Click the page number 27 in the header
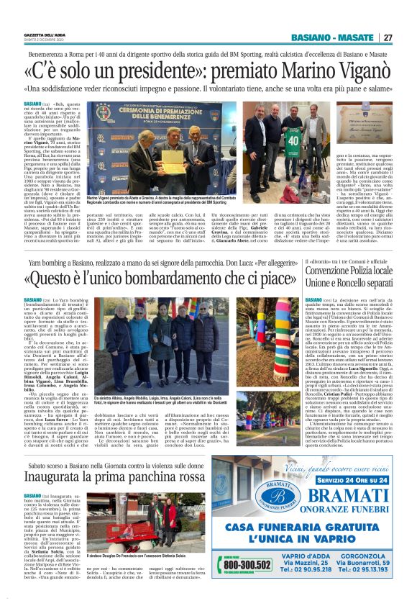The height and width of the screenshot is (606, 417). coord(388,38)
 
